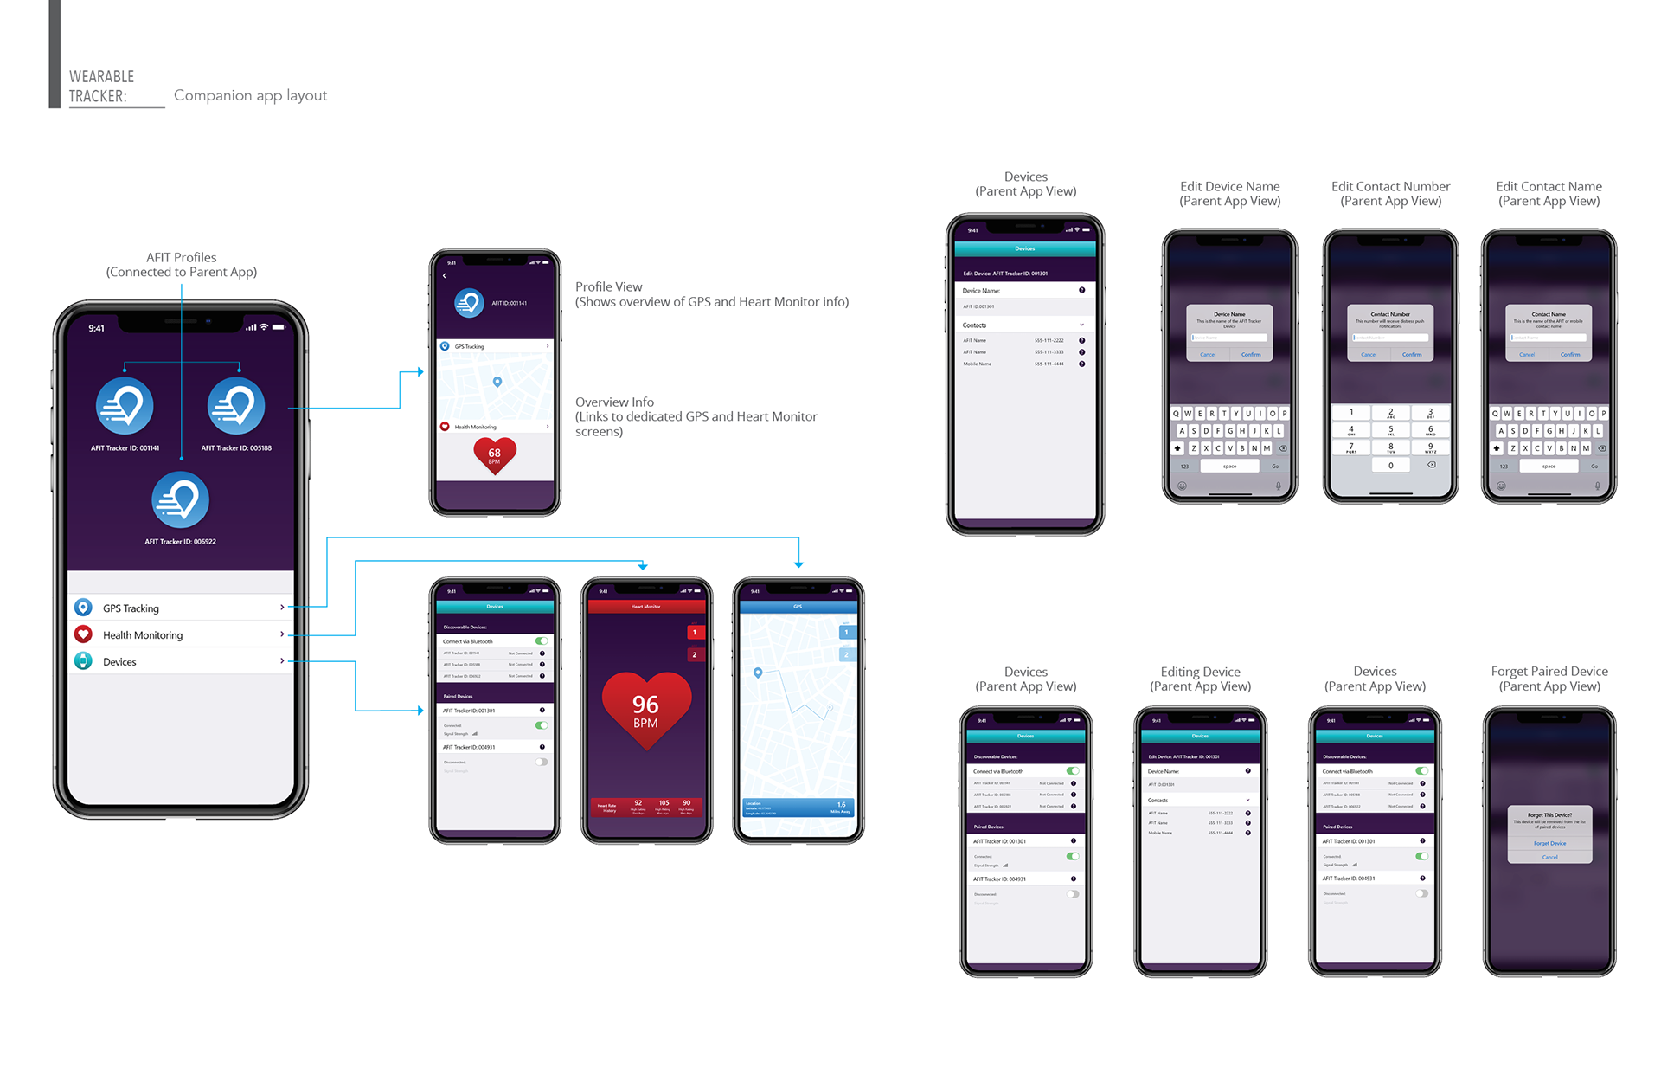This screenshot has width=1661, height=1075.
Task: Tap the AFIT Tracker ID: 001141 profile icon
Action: [x=125, y=406]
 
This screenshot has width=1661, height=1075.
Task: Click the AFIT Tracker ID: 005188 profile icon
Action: [x=236, y=406]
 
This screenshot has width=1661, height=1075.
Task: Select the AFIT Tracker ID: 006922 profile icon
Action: [x=180, y=500]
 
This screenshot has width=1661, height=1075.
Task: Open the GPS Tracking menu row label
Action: [x=131, y=608]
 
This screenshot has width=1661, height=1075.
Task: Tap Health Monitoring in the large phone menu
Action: [x=143, y=635]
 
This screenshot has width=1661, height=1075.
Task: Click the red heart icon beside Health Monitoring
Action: [x=83, y=634]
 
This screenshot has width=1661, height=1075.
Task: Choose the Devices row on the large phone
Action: [x=119, y=662]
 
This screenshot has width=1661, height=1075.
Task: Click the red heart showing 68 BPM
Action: [x=494, y=454]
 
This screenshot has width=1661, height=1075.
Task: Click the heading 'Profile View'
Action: [x=608, y=286]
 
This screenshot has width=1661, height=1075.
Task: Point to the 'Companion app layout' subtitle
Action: [x=250, y=95]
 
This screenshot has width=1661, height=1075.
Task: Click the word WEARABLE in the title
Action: [x=101, y=76]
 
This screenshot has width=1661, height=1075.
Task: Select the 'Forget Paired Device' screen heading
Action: [x=1549, y=672]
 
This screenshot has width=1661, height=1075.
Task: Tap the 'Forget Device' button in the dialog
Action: [x=1549, y=843]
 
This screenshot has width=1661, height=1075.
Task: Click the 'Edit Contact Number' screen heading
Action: [x=1390, y=186]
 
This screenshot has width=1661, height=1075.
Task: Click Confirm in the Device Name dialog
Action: [x=1251, y=354]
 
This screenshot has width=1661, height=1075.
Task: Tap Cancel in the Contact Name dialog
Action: [x=1527, y=354]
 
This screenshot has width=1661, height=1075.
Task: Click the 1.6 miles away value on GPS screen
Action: [x=841, y=805]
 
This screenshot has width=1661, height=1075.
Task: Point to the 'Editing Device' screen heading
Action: [x=1200, y=672]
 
